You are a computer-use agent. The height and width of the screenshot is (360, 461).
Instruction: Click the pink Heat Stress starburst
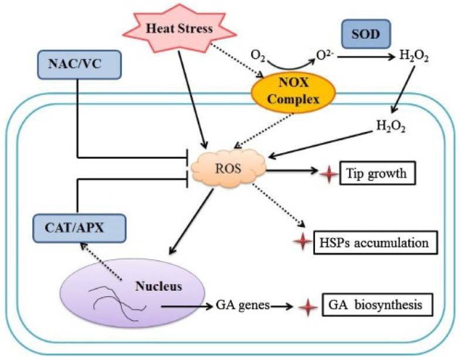[179, 28]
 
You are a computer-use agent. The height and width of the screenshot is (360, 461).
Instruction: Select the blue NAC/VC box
[79, 64]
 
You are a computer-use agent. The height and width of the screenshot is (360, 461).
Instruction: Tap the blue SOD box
[366, 34]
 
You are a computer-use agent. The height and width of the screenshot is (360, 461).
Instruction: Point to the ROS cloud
[228, 168]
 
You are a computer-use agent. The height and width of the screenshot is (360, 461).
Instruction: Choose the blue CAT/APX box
[79, 228]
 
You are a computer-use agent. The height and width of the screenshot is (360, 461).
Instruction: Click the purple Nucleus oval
[133, 293]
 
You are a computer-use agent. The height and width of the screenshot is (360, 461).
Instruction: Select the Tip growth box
[378, 173]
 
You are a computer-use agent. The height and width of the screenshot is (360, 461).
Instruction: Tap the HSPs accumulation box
[376, 243]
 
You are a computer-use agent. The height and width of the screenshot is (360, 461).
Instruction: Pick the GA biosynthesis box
[378, 305]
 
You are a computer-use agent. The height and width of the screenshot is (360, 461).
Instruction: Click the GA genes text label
[243, 305]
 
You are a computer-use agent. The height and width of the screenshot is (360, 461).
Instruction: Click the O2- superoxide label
[325, 55]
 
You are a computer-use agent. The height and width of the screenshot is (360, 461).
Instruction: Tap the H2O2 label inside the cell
[391, 127]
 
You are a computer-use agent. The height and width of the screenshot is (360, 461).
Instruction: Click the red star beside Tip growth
[328, 174]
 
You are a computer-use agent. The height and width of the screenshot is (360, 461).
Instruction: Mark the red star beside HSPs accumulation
[303, 242]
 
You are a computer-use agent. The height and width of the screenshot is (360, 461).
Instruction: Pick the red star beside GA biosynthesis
[308, 307]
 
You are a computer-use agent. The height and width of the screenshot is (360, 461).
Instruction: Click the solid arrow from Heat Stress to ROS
[193, 100]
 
